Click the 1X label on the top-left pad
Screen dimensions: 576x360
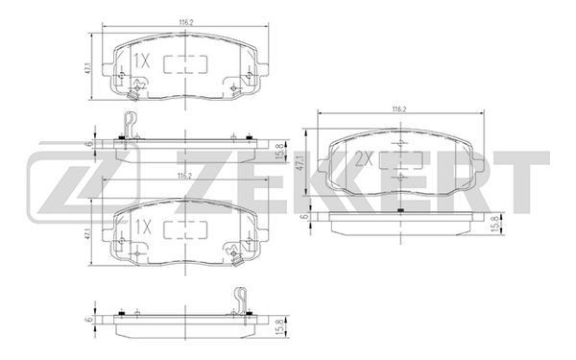click(142, 61)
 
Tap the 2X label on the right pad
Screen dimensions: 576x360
click(364, 159)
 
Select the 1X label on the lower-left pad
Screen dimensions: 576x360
click(143, 228)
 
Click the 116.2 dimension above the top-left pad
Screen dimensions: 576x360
click(186, 22)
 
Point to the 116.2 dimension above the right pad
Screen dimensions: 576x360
click(399, 109)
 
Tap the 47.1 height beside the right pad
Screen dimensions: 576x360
click(300, 163)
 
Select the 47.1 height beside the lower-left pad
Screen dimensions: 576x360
click(87, 233)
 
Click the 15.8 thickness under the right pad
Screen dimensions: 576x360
click(496, 224)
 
